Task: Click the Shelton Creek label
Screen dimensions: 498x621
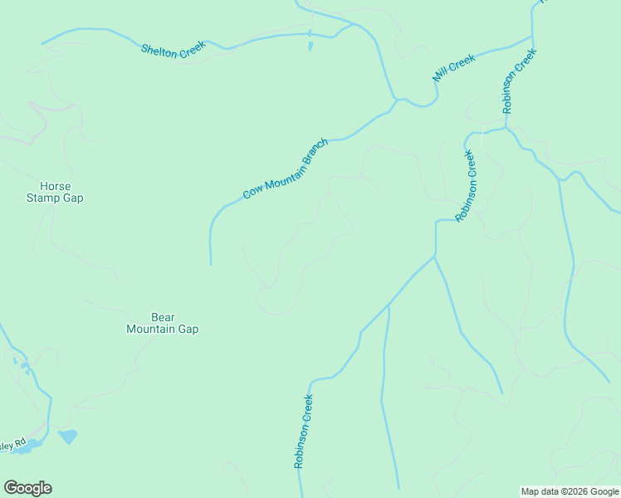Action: [x=173, y=51]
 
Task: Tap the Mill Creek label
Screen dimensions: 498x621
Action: [x=453, y=68]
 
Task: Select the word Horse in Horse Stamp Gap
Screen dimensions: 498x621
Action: [x=56, y=187]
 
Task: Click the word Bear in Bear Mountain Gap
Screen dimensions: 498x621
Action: [x=162, y=317]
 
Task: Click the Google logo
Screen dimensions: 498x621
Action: [x=27, y=488]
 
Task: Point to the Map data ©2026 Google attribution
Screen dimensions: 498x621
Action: [x=570, y=491]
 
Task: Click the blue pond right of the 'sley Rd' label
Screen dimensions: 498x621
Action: [x=67, y=436]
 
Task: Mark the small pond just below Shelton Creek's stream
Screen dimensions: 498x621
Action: [x=310, y=46]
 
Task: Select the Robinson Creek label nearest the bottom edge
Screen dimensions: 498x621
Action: [x=303, y=432]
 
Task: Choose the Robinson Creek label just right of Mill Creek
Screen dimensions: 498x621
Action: [x=520, y=81]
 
